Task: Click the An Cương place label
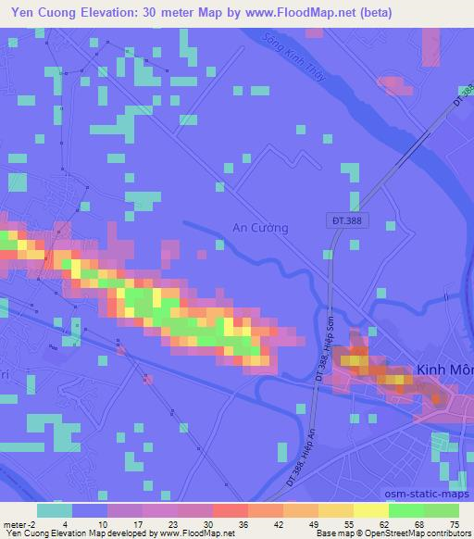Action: pos(260,228)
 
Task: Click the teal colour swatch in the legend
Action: pos(54,510)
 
